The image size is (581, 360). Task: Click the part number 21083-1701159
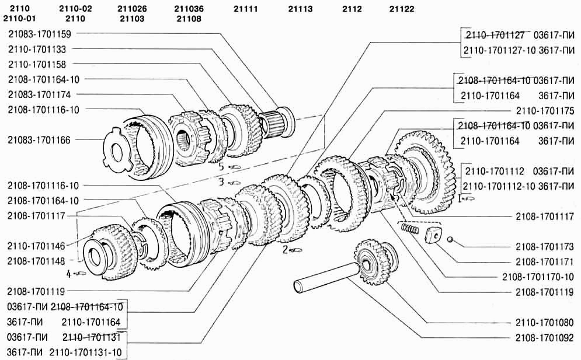(40, 34)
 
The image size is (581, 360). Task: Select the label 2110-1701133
(37, 49)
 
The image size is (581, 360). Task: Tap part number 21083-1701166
(39, 140)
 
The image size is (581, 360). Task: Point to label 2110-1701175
(545, 111)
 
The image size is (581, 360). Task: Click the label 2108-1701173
(545, 246)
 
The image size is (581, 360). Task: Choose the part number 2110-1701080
(545, 323)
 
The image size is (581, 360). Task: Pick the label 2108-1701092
(545, 337)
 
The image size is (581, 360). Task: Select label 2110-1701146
(36, 246)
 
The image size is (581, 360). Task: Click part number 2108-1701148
(36, 261)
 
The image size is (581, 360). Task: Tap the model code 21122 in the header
(402, 9)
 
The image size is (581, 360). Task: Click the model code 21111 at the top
(246, 9)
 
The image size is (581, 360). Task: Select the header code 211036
(189, 9)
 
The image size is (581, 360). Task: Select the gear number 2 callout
(292, 250)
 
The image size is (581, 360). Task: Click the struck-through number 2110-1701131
(92, 337)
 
